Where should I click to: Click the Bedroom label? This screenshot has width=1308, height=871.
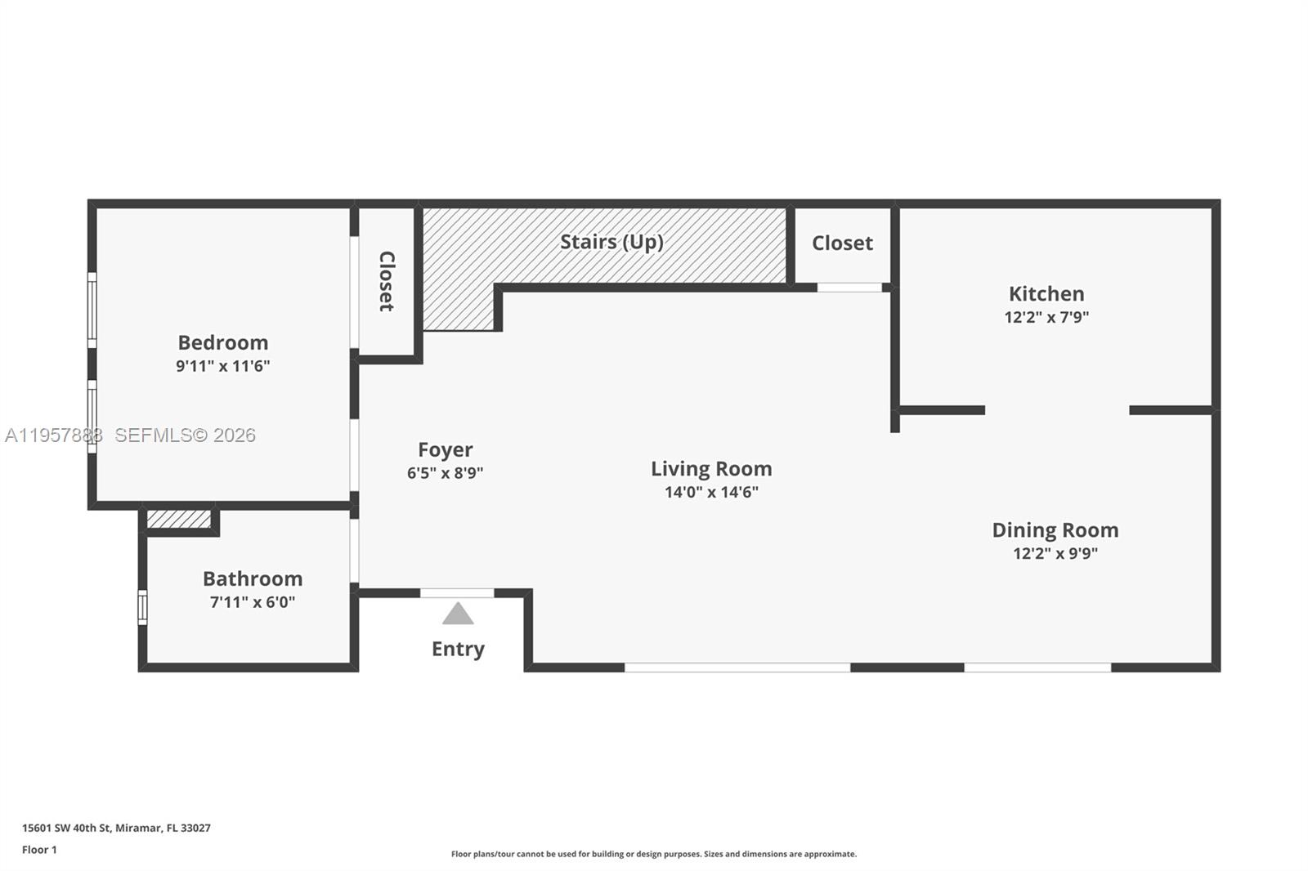click(222, 342)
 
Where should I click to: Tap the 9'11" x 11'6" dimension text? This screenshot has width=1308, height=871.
click(222, 366)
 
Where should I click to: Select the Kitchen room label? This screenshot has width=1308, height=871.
click(1046, 293)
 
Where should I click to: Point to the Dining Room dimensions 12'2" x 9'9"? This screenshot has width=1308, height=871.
click(1055, 553)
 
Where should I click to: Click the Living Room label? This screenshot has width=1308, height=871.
click(711, 468)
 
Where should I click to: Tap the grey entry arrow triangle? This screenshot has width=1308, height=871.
click(458, 614)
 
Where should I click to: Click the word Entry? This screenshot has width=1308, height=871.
click(458, 649)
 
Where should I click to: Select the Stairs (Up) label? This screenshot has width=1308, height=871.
click(611, 242)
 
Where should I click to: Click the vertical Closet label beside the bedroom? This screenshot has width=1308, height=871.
click(387, 281)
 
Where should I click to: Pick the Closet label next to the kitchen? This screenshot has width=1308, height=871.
click(842, 243)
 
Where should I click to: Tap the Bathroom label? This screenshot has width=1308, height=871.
click(253, 578)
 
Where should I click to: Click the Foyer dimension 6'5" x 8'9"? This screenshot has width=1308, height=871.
click(446, 473)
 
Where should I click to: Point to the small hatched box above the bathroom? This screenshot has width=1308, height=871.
click(179, 520)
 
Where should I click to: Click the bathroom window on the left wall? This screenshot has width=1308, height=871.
click(142, 608)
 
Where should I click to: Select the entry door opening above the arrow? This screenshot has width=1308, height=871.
click(457, 592)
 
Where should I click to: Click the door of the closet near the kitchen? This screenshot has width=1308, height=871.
click(849, 287)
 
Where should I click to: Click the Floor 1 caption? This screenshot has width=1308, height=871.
click(39, 850)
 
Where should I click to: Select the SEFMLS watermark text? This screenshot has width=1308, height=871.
click(185, 435)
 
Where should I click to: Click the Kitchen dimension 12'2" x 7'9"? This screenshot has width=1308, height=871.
click(1046, 317)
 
